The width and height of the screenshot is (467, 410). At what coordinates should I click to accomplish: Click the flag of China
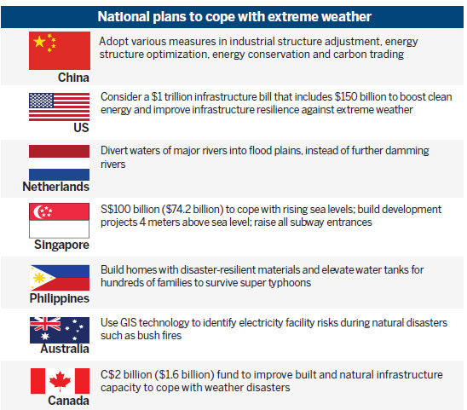[60, 50]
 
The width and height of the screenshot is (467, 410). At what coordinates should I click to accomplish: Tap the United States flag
[60, 107]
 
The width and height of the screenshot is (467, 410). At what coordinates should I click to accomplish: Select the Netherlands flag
[60, 163]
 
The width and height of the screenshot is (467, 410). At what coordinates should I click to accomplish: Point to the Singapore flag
[60, 221]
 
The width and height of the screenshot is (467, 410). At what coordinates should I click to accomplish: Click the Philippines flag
[60, 278]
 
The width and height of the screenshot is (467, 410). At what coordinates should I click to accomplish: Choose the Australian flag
[60, 330]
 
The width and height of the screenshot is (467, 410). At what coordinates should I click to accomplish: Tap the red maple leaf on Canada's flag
[60, 381]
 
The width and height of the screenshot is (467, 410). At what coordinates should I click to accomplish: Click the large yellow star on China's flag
[39, 42]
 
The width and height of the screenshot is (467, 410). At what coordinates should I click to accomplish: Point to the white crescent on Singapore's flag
[37, 212]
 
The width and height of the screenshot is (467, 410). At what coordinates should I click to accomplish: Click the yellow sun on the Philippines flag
[39, 278]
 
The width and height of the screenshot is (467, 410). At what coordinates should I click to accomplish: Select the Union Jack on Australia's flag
[45, 324]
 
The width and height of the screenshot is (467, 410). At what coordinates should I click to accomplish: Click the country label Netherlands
[56, 187]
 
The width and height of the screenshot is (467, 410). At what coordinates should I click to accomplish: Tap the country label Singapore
[61, 245]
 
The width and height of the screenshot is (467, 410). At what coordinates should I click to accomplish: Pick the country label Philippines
[60, 298]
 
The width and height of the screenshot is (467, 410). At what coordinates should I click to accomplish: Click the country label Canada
[68, 401]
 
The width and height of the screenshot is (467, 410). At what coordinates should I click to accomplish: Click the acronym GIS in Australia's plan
[129, 323]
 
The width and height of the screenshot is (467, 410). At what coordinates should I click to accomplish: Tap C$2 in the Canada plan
[110, 374]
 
